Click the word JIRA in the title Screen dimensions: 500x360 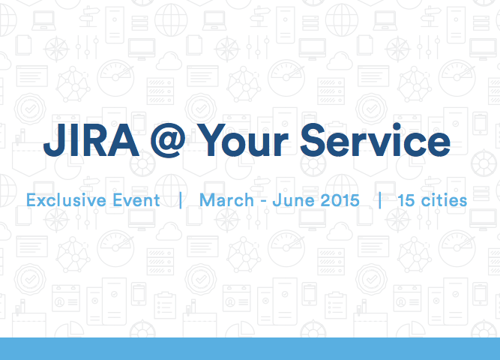[91, 139]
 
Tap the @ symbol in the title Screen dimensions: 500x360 [168, 140]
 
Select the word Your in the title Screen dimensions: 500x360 [244, 140]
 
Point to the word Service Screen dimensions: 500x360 [375, 139]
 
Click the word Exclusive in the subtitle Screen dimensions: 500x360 [66, 200]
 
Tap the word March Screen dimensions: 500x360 [226, 200]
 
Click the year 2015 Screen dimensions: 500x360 [340, 200]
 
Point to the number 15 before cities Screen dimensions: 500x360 [406, 200]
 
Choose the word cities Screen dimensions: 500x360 [444, 200]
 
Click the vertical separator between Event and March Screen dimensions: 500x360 [181, 200]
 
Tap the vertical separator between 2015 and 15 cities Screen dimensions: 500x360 [379, 200]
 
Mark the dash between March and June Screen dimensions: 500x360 [263, 202]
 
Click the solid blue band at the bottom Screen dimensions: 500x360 [250, 349]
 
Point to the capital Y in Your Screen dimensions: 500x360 [214, 139]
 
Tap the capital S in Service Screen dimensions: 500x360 [313, 139]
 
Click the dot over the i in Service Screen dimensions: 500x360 [397, 127]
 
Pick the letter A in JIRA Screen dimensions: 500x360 [124, 139]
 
